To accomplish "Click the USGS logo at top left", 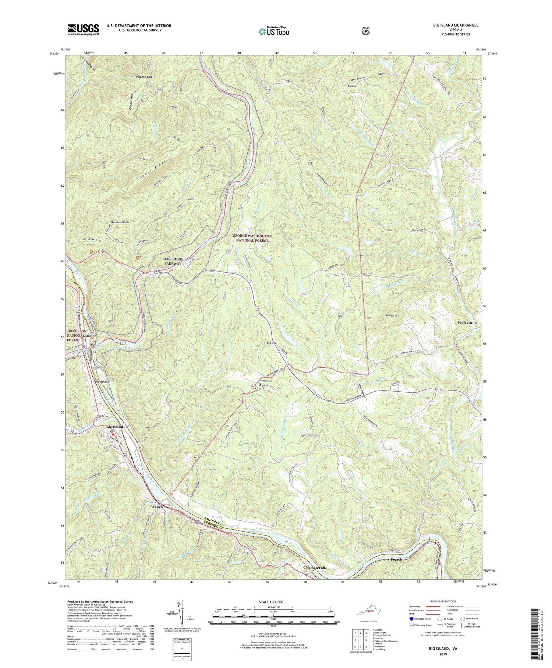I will click(x=83, y=29).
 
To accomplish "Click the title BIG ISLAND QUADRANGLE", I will click(x=456, y=25).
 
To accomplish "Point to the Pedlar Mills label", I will click(x=467, y=322).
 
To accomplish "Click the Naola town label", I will click(x=272, y=343).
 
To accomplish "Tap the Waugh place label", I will click(x=157, y=507).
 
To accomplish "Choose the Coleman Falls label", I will click(x=315, y=568).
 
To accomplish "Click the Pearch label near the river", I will click(x=396, y=559).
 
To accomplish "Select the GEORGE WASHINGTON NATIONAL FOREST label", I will click(x=252, y=238).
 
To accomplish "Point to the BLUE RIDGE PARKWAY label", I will click(x=173, y=261).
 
